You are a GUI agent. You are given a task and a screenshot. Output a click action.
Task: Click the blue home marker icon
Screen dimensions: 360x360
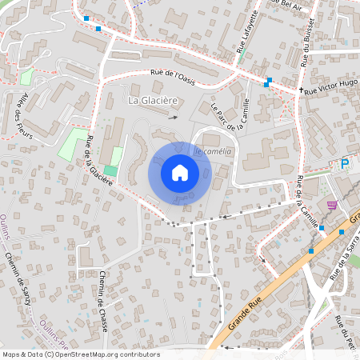coord(180,173)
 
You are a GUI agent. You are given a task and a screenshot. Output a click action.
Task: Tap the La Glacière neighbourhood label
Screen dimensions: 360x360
coord(153,100)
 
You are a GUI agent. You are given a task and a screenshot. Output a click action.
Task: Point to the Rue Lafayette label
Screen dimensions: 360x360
coord(247,33)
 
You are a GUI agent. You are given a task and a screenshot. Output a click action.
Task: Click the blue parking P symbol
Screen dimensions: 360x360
coord(345,163)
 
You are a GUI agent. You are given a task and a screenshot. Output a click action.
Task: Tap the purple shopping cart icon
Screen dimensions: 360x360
coord(331,205)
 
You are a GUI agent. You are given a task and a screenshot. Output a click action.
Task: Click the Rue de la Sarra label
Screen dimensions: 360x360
coord(341,260)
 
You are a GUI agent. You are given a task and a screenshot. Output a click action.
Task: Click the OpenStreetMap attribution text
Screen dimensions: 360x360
coord(80,354)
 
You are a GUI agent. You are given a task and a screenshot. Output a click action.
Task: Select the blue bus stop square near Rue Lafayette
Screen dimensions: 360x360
coord(269,80)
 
